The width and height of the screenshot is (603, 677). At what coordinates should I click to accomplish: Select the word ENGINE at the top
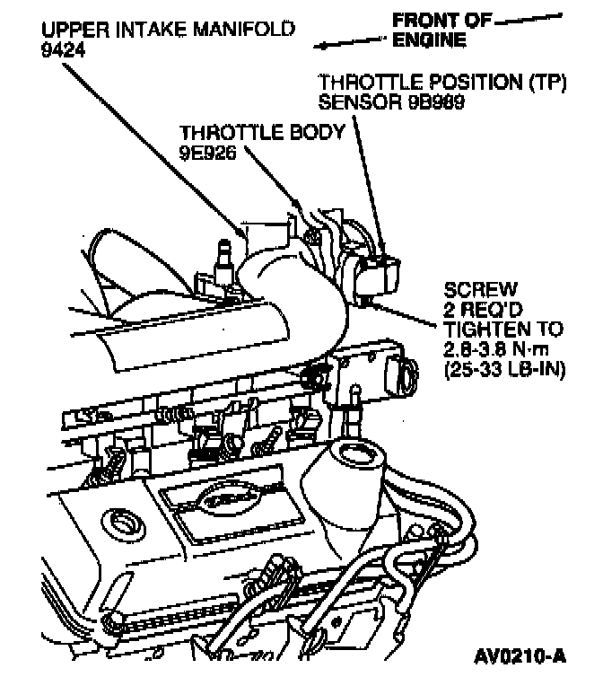point(429,40)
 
